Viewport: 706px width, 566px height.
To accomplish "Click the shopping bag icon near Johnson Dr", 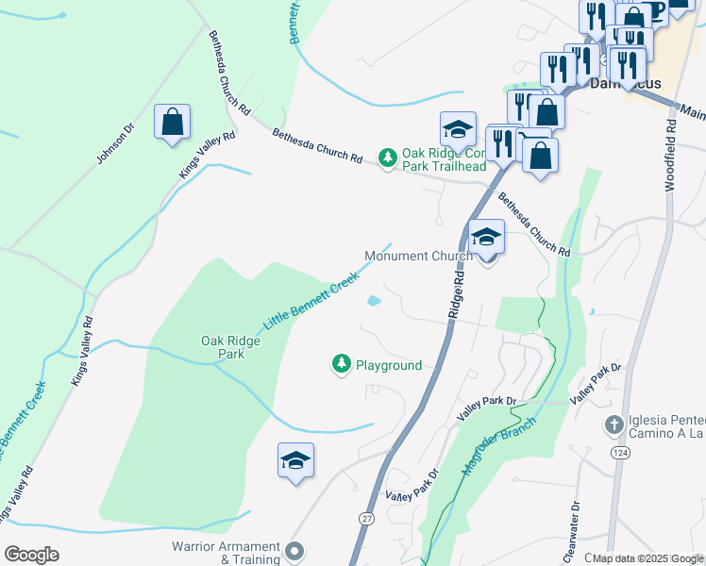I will pyautogui.click(x=172, y=123).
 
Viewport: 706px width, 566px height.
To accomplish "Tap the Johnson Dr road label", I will pyautogui.click(x=115, y=142).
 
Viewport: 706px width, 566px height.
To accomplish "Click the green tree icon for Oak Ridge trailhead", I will pyautogui.click(x=387, y=158).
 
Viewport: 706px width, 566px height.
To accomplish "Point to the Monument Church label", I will pyautogui.click(x=418, y=256).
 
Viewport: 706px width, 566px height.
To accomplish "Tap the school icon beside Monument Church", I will pyautogui.click(x=486, y=237).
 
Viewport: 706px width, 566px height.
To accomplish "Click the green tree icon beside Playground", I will pyautogui.click(x=341, y=364).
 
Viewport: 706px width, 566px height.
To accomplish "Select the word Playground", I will pyautogui.click(x=389, y=365).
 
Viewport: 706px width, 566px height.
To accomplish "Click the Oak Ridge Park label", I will pyautogui.click(x=224, y=347).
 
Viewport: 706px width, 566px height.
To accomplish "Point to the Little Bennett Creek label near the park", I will pyautogui.click(x=311, y=300).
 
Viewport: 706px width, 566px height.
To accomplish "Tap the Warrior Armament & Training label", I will pyautogui.click(x=226, y=553).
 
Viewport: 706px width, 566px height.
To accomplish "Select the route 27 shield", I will pyautogui.click(x=366, y=518).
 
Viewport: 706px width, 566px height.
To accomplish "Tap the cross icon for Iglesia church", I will pyautogui.click(x=614, y=424).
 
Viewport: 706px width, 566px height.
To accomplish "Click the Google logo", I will pyautogui.click(x=31, y=555).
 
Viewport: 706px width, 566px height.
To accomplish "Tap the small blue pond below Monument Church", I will pyautogui.click(x=374, y=302).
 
